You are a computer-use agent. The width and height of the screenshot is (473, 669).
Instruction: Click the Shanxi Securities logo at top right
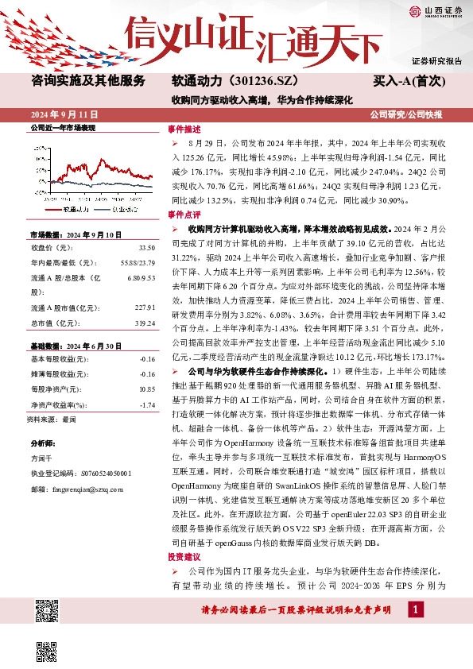coord(436,11)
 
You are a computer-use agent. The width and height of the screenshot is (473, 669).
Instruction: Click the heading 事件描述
coord(184,129)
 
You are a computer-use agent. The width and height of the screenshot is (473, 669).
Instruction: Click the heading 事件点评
coord(184,215)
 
